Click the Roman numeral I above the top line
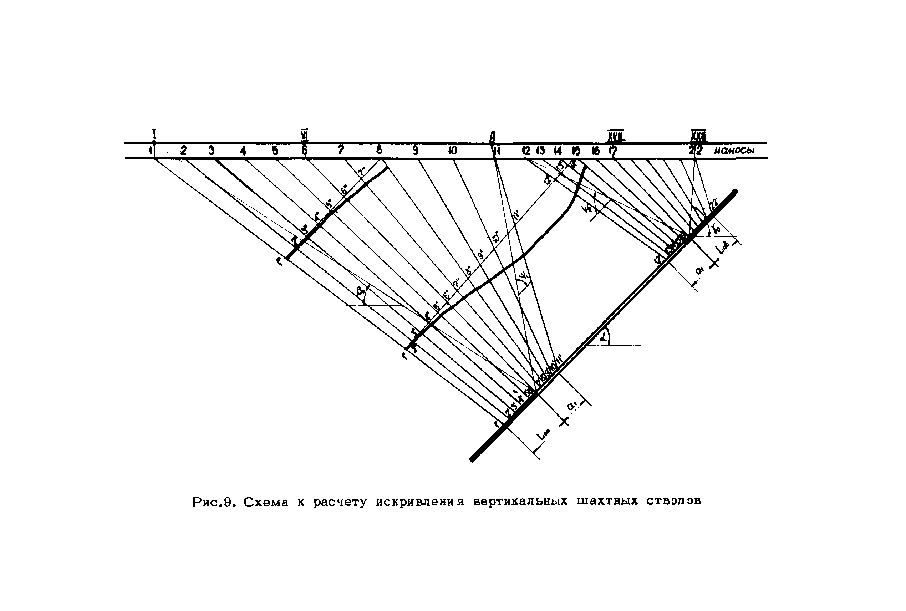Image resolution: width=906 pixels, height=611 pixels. pos(154,134)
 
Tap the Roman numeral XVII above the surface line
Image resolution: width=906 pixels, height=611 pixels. pos(616,136)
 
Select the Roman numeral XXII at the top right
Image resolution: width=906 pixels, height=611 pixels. pos(698,135)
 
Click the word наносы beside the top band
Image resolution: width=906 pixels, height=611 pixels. pos(734,151)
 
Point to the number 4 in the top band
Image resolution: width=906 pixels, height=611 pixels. pos(244,151)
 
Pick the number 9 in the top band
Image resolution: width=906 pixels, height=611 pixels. pos(416,151)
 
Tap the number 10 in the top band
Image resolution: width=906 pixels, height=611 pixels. pos(452,151)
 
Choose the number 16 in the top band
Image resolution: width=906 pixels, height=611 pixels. pos(595,151)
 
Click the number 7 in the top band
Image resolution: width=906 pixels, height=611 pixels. pos(341,150)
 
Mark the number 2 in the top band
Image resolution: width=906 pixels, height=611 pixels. pos(183,150)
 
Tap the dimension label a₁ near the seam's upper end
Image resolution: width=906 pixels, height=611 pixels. pos(700,270)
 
